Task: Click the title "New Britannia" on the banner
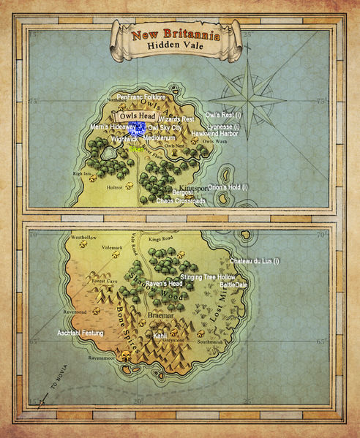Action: [x=176, y=34]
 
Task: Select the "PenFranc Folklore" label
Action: [x=141, y=97]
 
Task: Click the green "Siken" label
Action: [x=137, y=148]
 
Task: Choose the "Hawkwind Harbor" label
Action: [x=214, y=134]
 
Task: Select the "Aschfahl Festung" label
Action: [x=80, y=333]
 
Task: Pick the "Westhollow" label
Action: [x=83, y=238]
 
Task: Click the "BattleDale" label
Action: [x=234, y=284]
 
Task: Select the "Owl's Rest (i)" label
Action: [x=223, y=116]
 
